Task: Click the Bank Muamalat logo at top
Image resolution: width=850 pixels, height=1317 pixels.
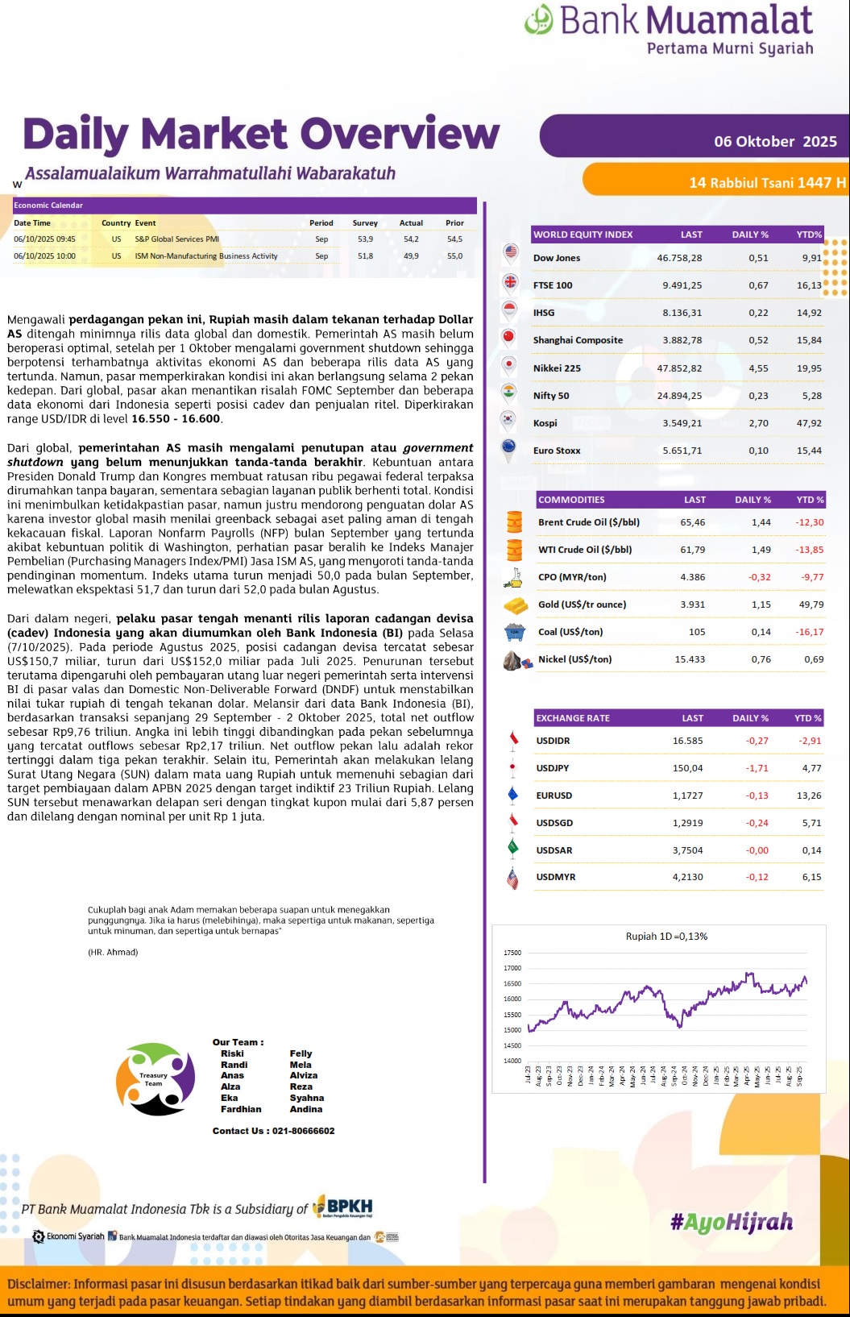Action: [669, 29]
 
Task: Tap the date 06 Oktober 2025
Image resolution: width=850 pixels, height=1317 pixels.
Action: [775, 142]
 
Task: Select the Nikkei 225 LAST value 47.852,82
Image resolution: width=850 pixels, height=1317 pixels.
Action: [679, 368]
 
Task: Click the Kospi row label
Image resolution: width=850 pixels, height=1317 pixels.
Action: [545, 423]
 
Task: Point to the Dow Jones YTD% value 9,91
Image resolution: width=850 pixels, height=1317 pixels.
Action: [811, 258]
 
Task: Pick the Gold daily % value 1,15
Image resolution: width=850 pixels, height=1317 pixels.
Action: [761, 604]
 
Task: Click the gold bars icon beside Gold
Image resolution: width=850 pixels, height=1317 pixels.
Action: [516, 604]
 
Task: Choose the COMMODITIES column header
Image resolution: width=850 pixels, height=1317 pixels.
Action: [571, 500]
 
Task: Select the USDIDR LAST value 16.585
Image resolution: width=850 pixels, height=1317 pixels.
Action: [688, 741]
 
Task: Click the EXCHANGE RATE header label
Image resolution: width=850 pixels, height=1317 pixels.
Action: [573, 718]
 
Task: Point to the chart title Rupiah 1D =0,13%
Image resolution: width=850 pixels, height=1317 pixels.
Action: [666, 937]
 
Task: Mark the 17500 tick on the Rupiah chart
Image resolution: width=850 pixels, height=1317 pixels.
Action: [512, 953]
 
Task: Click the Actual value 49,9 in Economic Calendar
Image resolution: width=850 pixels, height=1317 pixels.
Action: [411, 256]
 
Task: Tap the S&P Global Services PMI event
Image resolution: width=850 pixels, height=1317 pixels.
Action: [176, 239]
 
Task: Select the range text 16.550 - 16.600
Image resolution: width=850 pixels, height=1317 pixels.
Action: [176, 419]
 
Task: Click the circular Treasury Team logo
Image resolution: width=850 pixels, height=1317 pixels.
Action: [155, 1079]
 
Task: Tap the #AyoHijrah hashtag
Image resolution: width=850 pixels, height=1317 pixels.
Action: [732, 1223]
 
